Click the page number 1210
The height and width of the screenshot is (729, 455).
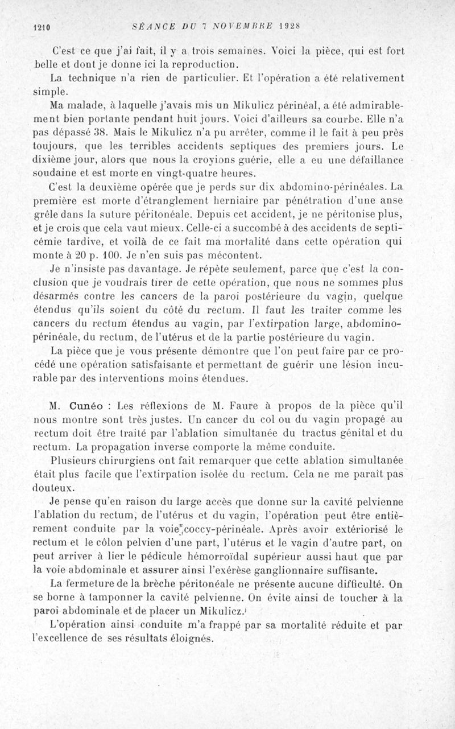point(43,26)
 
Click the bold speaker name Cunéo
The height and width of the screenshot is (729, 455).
point(85,407)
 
